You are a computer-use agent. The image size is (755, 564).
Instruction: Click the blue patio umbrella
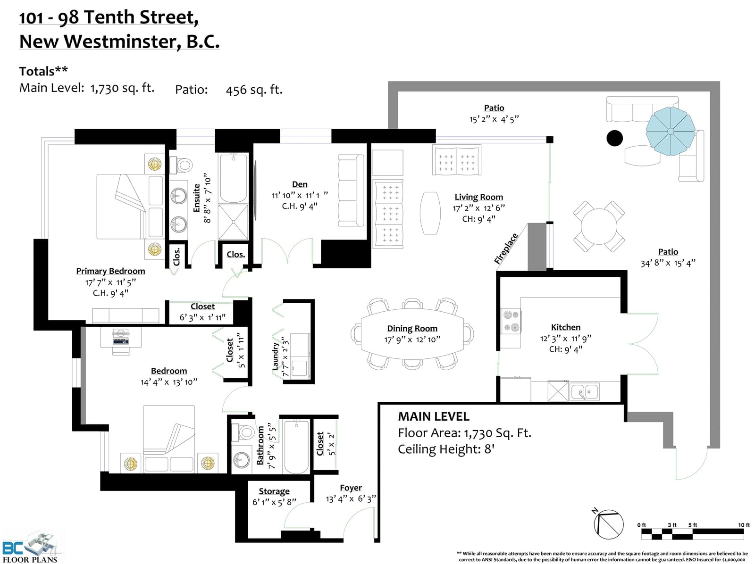pyautogui.click(x=671, y=131)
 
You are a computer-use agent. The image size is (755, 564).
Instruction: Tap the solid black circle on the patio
pyautogui.click(x=614, y=138)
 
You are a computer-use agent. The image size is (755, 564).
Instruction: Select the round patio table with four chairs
pyautogui.click(x=599, y=226)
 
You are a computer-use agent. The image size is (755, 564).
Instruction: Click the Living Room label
pyautogui.click(x=479, y=197)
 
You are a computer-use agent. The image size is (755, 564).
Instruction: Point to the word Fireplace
pyautogui.click(x=506, y=249)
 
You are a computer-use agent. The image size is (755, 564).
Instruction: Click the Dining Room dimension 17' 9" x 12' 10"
pyautogui.click(x=412, y=340)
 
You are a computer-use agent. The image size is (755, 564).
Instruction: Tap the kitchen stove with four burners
pyautogui.click(x=511, y=321)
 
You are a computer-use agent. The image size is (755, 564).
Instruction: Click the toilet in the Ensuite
pyautogui.click(x=181, y=166)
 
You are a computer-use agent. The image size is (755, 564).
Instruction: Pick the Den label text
pyautogui.click(x=300, y=184)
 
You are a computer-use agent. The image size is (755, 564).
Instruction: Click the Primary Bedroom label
pyautogui.click(x=110, y=271)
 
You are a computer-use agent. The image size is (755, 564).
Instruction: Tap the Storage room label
pyautogui.click(x=274, y=491)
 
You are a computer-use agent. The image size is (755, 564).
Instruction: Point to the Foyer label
pyautogui.click(x=351, y=488)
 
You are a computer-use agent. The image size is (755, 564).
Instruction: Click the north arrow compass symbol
pyautogui.click(x=608, y=524)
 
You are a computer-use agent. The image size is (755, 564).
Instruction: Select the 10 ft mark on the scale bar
pyautogui.click(x=744, y=525)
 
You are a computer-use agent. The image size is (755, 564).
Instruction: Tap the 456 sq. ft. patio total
pyautogui.click(x=254, y=90)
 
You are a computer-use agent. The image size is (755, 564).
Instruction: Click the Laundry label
pyautogui.click(x=275, y=356)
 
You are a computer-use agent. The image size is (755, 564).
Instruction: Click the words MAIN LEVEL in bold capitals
pyautogui.click(x=434, y=416)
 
